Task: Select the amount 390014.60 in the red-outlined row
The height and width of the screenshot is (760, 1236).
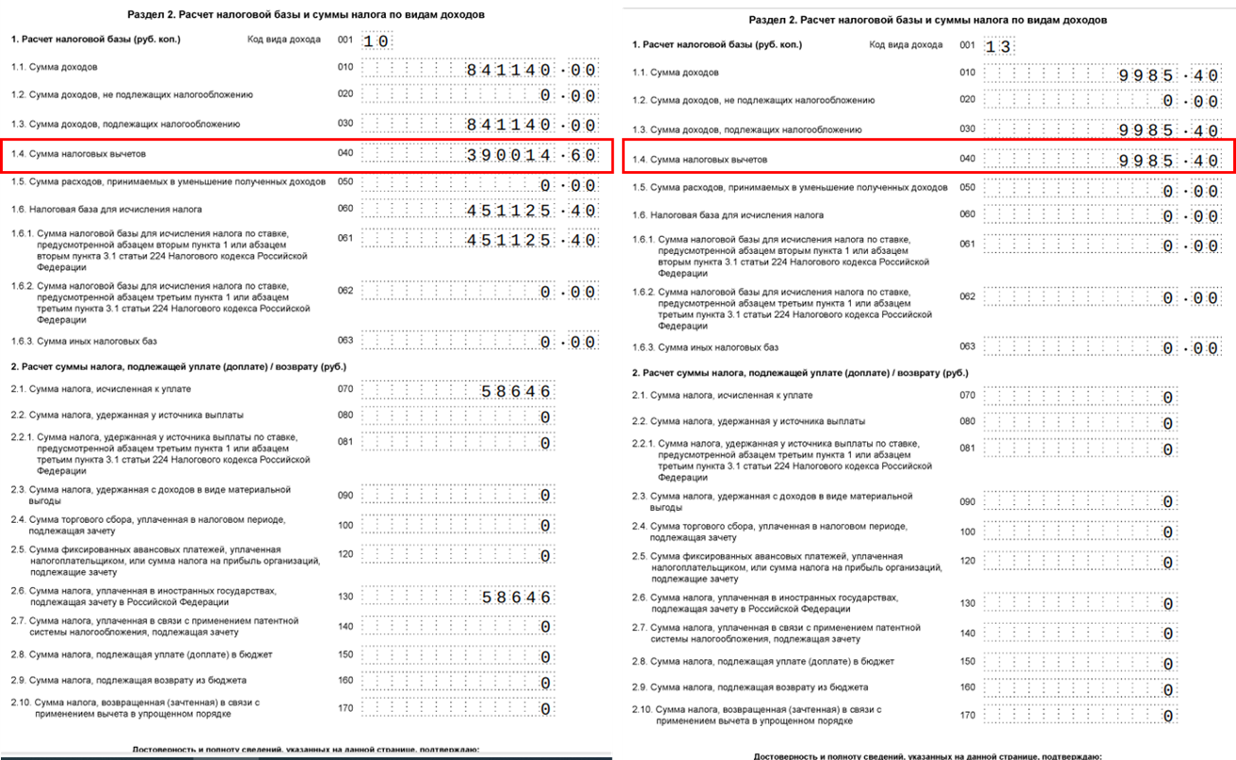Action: (x=531, y=155)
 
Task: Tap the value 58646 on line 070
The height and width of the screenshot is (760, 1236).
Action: (x=515, y=391)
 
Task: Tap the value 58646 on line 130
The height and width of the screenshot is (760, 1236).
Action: (x=515, y=596)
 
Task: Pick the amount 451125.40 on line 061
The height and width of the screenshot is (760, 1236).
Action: (x=531, y=241)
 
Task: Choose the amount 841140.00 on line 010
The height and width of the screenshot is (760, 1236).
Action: (x=531, y=70)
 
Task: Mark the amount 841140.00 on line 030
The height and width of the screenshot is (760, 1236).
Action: (x=531, y=125)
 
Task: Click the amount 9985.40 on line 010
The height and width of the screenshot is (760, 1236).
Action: (x=1168, y=75)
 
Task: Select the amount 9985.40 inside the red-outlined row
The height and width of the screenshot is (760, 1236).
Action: (x=1168, y=160)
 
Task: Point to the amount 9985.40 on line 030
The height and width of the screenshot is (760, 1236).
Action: (x=1168, y=131)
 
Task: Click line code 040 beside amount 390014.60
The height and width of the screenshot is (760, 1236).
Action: (x=345, y=152)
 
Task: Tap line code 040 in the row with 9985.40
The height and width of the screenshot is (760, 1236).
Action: (x=967, y=158)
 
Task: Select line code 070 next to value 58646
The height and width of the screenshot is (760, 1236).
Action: (x=345, y=388)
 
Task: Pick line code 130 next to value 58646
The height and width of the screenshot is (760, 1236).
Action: (x=345, y=594)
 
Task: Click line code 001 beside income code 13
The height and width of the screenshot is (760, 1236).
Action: (x=967, y=44)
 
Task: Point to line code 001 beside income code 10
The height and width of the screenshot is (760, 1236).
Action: (x=345, y=40)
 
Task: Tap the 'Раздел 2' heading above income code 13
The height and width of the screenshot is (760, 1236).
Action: (x=928, y=20)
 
